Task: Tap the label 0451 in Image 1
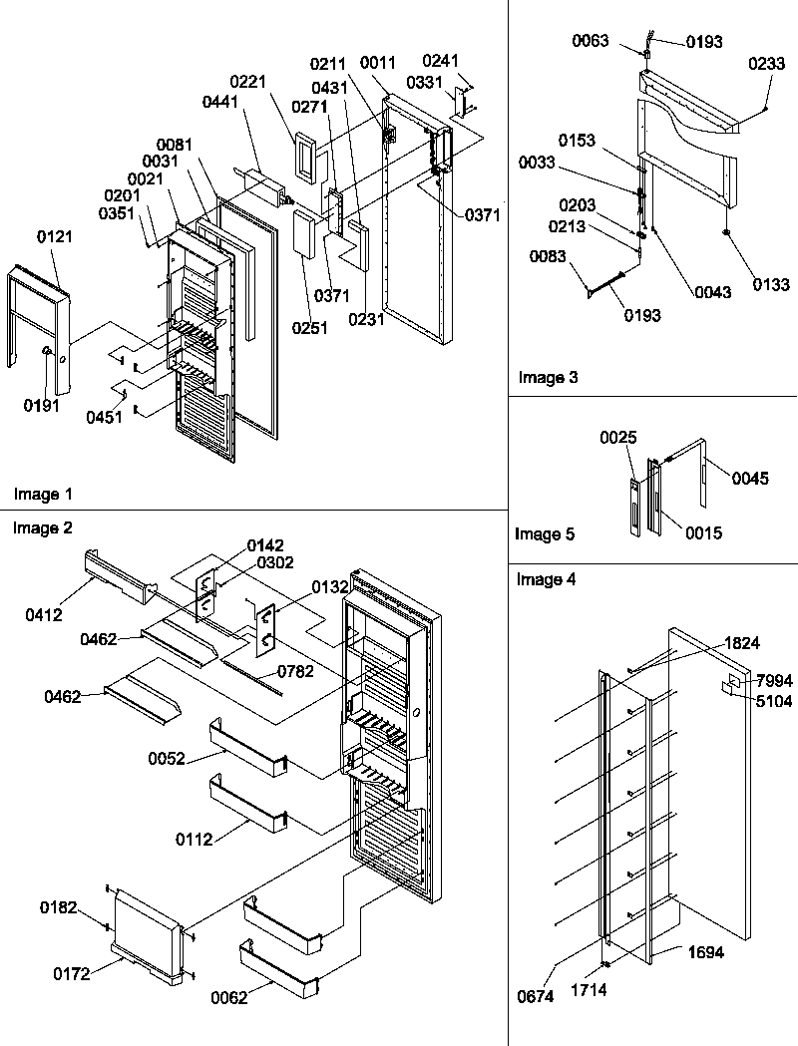click(x=104, y=418)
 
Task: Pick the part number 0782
click(x=295, y=671)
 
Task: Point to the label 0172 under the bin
click(x=72, y=974)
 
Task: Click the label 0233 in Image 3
click(x=767, y=62)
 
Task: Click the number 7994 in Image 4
click(x=774, y=680)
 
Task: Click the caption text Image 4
click(x=546, y=579)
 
